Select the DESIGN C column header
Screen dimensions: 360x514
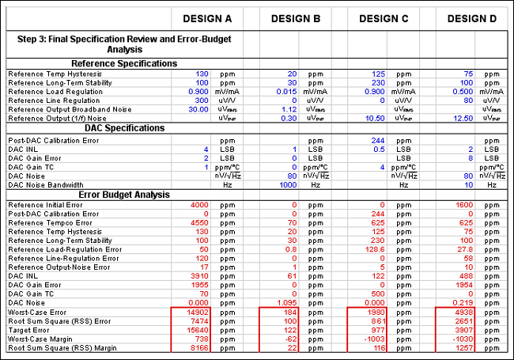[384, 18]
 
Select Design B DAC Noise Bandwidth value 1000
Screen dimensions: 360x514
[285, 184]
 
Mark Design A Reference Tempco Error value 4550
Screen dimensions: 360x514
[198, 222]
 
